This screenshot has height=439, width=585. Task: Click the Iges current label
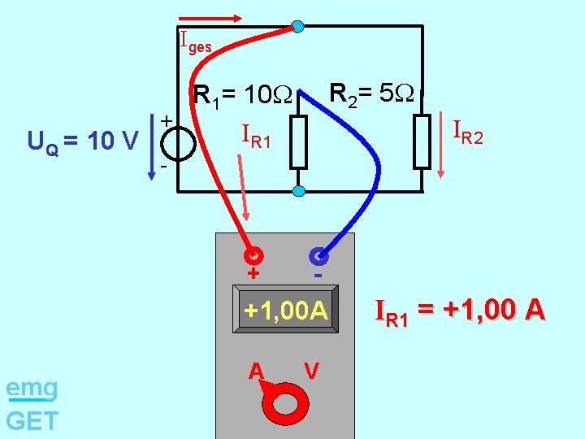point(195,41)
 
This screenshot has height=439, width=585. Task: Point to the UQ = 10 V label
point(82,142)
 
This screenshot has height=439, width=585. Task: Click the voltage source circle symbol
point(177,144)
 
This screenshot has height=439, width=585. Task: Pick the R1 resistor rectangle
point(299,141)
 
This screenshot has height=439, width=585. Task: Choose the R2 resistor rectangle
point(422,141)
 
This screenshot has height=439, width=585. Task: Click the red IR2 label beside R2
point(467,131)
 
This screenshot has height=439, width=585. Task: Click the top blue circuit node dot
point(298,27)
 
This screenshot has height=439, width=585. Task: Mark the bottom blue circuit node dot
point(298,191)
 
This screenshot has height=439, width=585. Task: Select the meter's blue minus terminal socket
point(318,256)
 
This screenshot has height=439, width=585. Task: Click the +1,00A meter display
point(285,311)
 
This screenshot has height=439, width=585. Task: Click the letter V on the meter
point(311,371)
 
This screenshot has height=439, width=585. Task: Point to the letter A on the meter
point(256,371)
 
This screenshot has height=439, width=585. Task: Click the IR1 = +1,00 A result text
point(459,311)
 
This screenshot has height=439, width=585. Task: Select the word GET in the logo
point(32,421)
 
